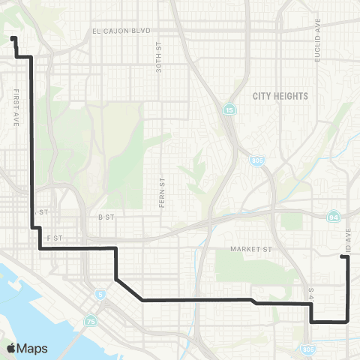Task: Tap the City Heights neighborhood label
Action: (x=280, y=96)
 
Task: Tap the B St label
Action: (x=105, y=216)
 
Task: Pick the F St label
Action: (x=53, y=236)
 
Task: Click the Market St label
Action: (x=252, y=247)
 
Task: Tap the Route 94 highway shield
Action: (x=332, y=216)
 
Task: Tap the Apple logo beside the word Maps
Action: (x=10, y=348)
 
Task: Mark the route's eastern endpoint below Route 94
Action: (x=343, y=257)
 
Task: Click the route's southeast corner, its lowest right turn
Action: (x=348, y=321)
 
